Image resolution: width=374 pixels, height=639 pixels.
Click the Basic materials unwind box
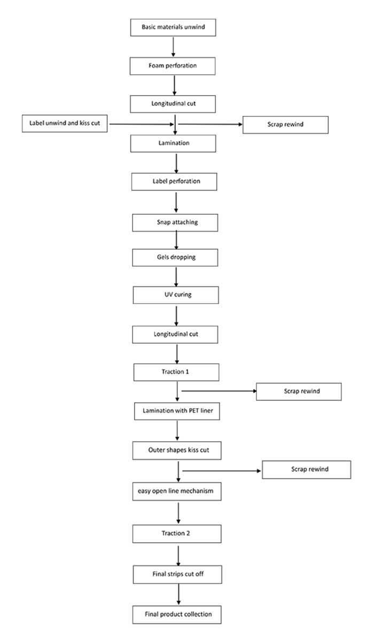coord(173,27)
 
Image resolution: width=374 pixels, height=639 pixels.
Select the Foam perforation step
coord(173,66)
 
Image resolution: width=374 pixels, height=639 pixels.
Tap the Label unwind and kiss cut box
coord(65,123)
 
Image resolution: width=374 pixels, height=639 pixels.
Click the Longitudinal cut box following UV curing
coord(176,334)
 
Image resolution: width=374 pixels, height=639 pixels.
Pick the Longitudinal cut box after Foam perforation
coord(173,104)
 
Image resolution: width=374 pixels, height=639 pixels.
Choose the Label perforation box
coord(174,181)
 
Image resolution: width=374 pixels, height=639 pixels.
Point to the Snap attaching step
coord(175,222)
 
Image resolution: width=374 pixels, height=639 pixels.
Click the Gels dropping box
coord(175,258)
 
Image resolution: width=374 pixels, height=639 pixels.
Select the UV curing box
coord(176,294)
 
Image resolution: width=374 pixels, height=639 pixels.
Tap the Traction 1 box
coord(176,372)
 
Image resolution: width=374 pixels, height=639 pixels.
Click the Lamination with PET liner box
coord(177,411)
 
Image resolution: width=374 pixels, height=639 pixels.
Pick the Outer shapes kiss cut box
coord(177,451)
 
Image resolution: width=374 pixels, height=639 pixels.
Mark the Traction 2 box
coord(177,533)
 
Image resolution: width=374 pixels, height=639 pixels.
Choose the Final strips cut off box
coord(177,574)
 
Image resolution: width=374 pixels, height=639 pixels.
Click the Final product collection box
coord(177,614)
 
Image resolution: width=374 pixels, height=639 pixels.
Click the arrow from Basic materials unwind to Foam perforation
coord(173,46)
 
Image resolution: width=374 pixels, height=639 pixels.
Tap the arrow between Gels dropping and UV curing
coord(176,276)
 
